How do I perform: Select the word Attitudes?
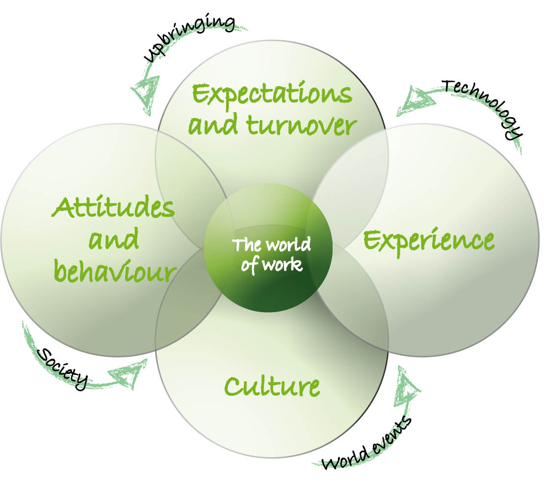click(113, 209)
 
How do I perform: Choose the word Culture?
click(272, 387)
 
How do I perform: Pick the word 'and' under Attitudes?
click(114, 240)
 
